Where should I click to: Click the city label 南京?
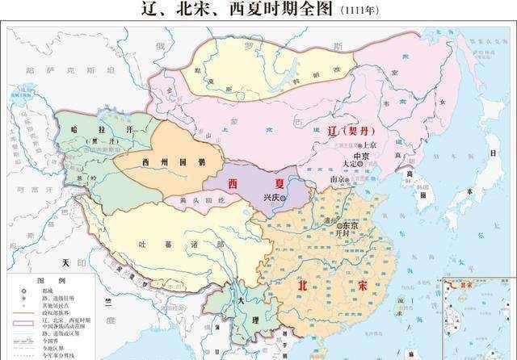point(338,179)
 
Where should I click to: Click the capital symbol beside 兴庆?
point(284,196)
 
